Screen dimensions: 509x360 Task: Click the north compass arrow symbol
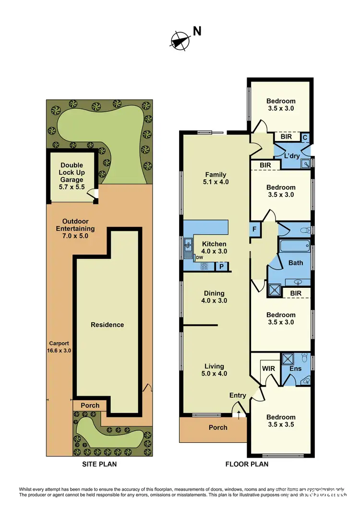coord(180,40)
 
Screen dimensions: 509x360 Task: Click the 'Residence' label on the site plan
coord(108,325)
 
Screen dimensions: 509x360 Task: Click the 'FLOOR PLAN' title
coord(247,464)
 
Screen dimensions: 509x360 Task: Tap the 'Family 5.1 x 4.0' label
coord(216,178)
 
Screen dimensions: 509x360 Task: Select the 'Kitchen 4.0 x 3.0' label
coord(214,248)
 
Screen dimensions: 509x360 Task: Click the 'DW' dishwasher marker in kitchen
coord(199,258)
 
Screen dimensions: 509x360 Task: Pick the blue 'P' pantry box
coord(221,267)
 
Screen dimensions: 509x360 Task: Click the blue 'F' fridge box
coord(254,229)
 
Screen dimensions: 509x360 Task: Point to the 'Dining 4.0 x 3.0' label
coord(214,297)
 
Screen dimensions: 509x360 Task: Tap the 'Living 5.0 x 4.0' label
coord(216,370)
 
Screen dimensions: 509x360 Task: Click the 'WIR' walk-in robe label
coord(267,369)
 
